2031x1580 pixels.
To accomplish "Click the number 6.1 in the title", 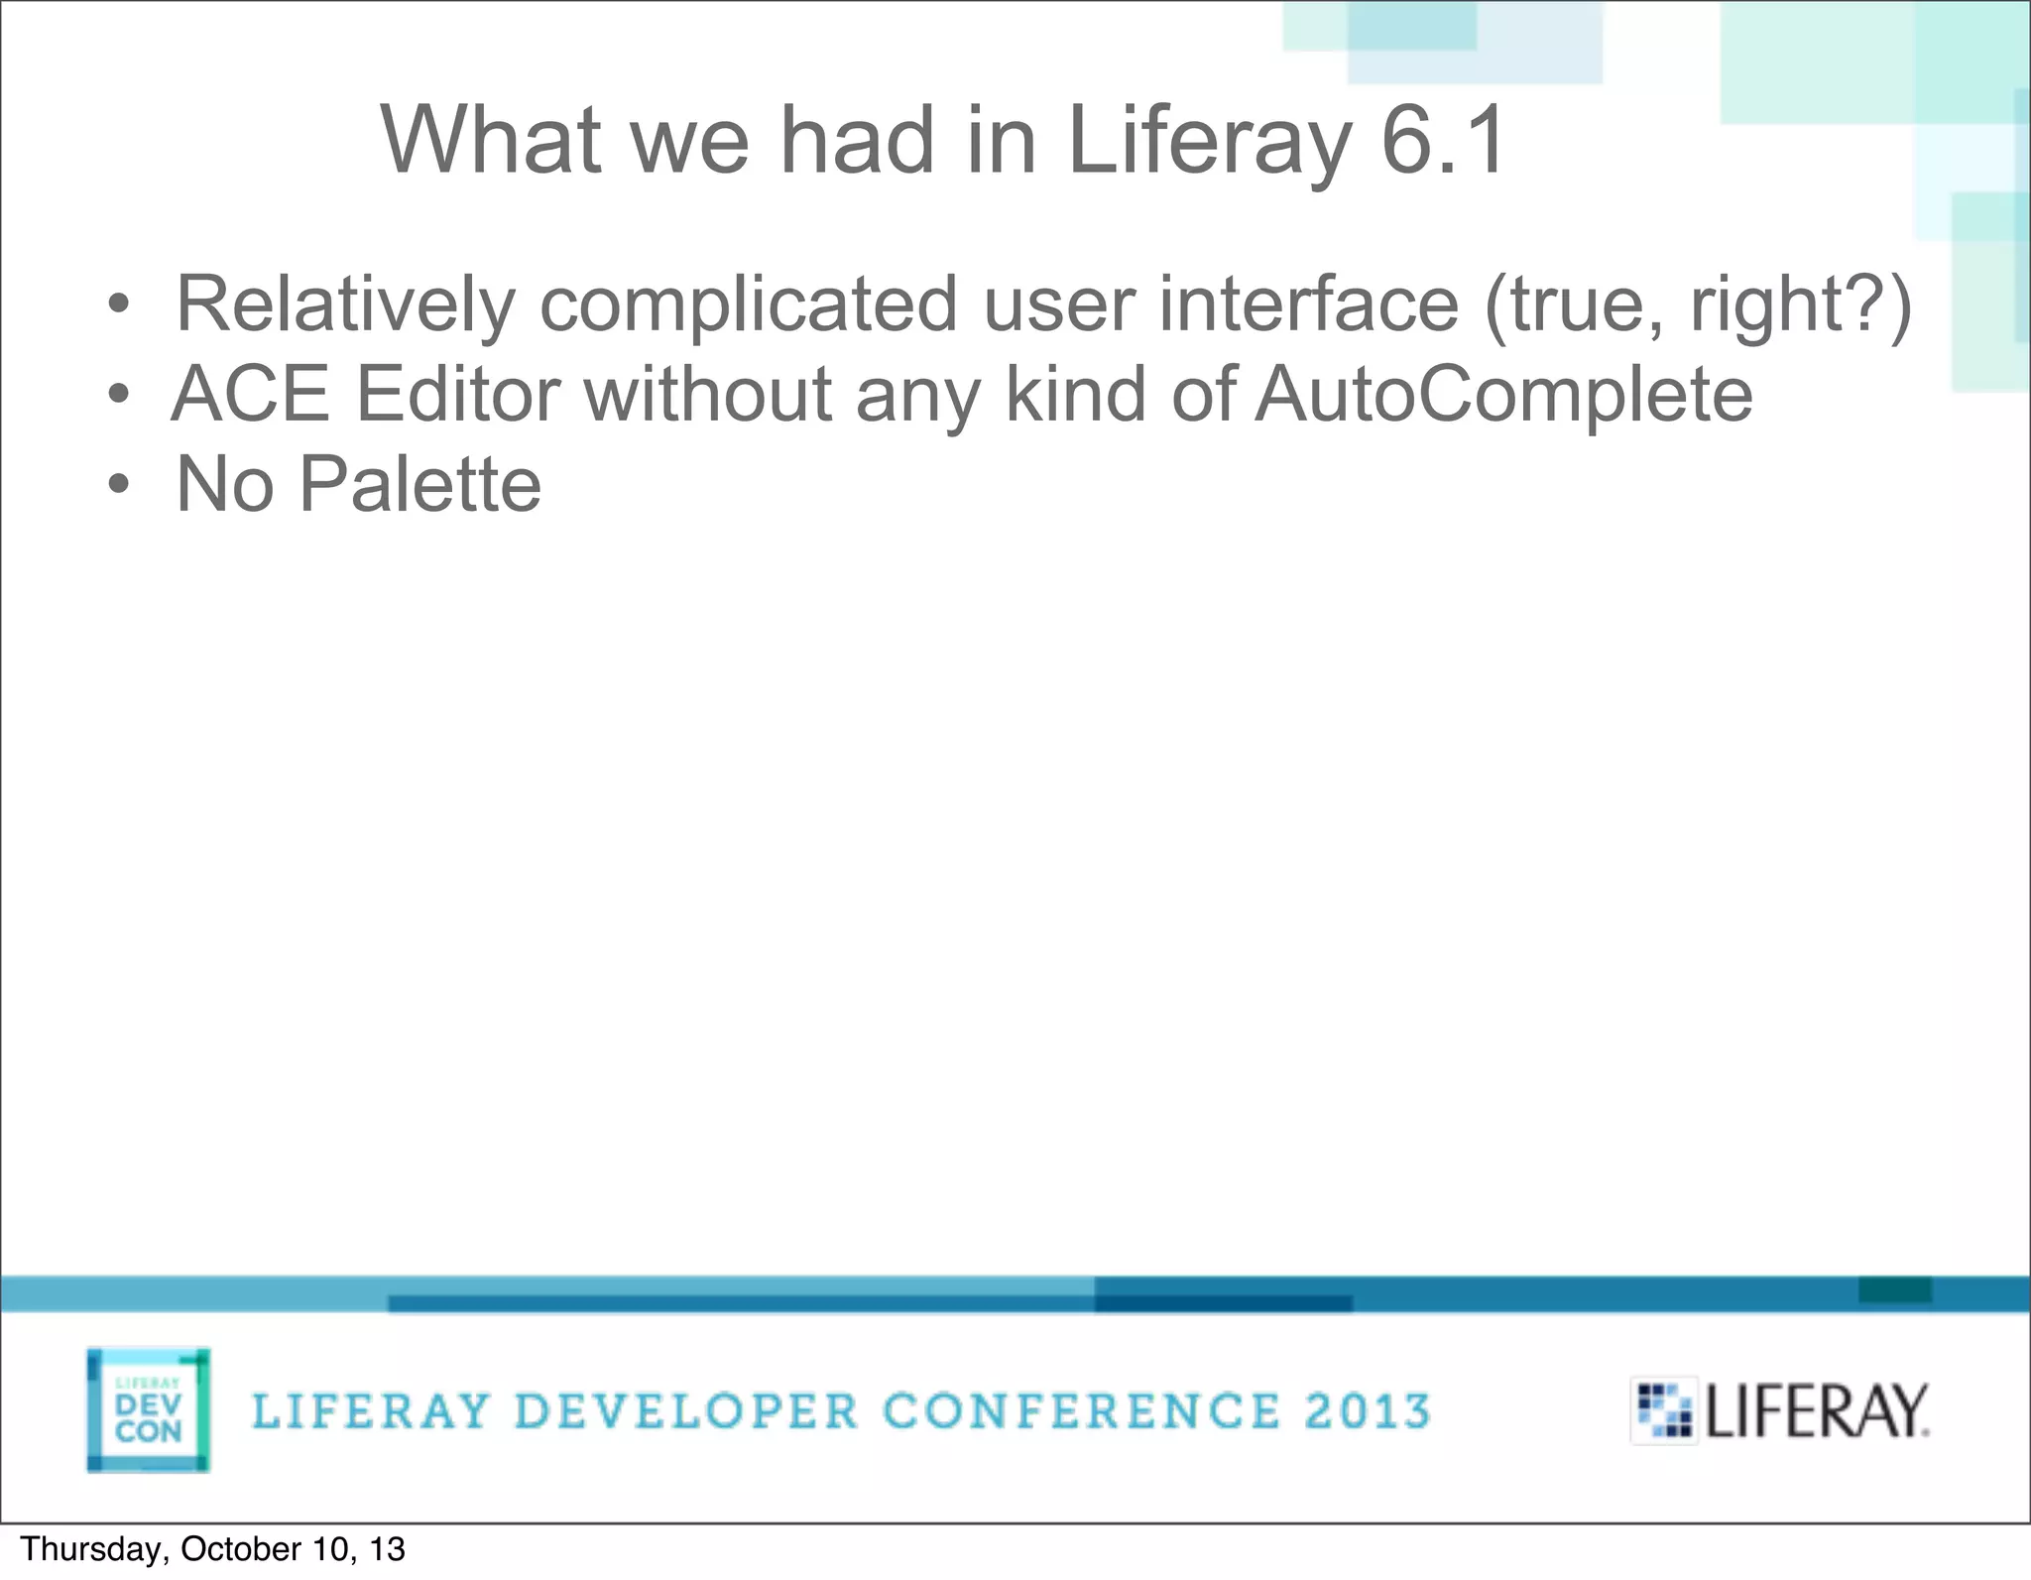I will (x=1444, y=141).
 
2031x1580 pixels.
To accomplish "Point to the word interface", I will (x=1308, y=304).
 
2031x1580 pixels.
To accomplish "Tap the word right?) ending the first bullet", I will (x=1800, y=304).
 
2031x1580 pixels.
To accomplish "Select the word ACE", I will (x=251, y=394).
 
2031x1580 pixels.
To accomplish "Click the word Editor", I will (x=458, y=394).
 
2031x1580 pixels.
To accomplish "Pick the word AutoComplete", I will (x=1503, y=394).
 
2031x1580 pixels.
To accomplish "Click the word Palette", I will (x=420, y=484).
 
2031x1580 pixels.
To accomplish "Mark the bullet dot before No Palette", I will (x=119, y=485).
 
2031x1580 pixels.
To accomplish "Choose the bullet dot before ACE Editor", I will (x=119, y=395).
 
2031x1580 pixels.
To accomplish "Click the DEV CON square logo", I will (x=149, y=1409).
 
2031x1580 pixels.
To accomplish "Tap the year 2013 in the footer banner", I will (x=1367, y=1411).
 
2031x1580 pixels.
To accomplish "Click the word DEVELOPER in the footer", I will (x=686, y=1411).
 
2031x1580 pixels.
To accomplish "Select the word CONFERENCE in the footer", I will (x=1081, y=1411).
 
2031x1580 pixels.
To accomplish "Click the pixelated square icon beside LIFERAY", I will (x=1664, y=1410).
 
